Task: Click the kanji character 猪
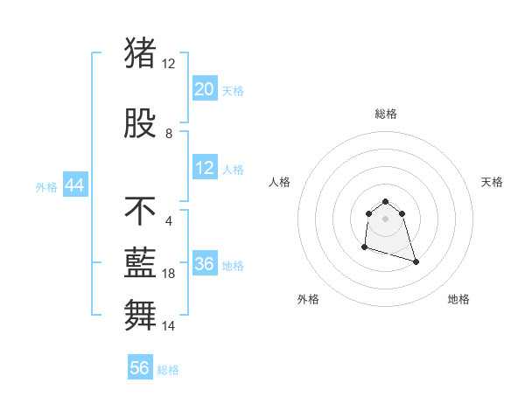pos(140,52)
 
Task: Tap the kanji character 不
pos(140,211)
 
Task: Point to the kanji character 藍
pos(140,262)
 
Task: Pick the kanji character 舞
pos(140,313)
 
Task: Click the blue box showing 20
pos(205,89)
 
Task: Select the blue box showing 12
pos(205,168)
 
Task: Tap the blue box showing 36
pos(205,264)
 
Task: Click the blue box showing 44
pos(74,185)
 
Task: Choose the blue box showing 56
pos(140,368)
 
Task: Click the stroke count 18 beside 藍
pos(169,274)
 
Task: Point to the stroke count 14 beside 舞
pos(169,325)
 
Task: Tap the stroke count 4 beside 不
pos(168,220)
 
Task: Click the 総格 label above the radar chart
pos(386,114)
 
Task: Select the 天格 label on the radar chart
pos(492,182)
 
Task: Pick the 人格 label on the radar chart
pos(280,182)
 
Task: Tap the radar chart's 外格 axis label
pos(308,299)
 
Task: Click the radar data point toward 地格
pos(416,262)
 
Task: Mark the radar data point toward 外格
pos(364,248)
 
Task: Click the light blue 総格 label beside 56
pos(168,370)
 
